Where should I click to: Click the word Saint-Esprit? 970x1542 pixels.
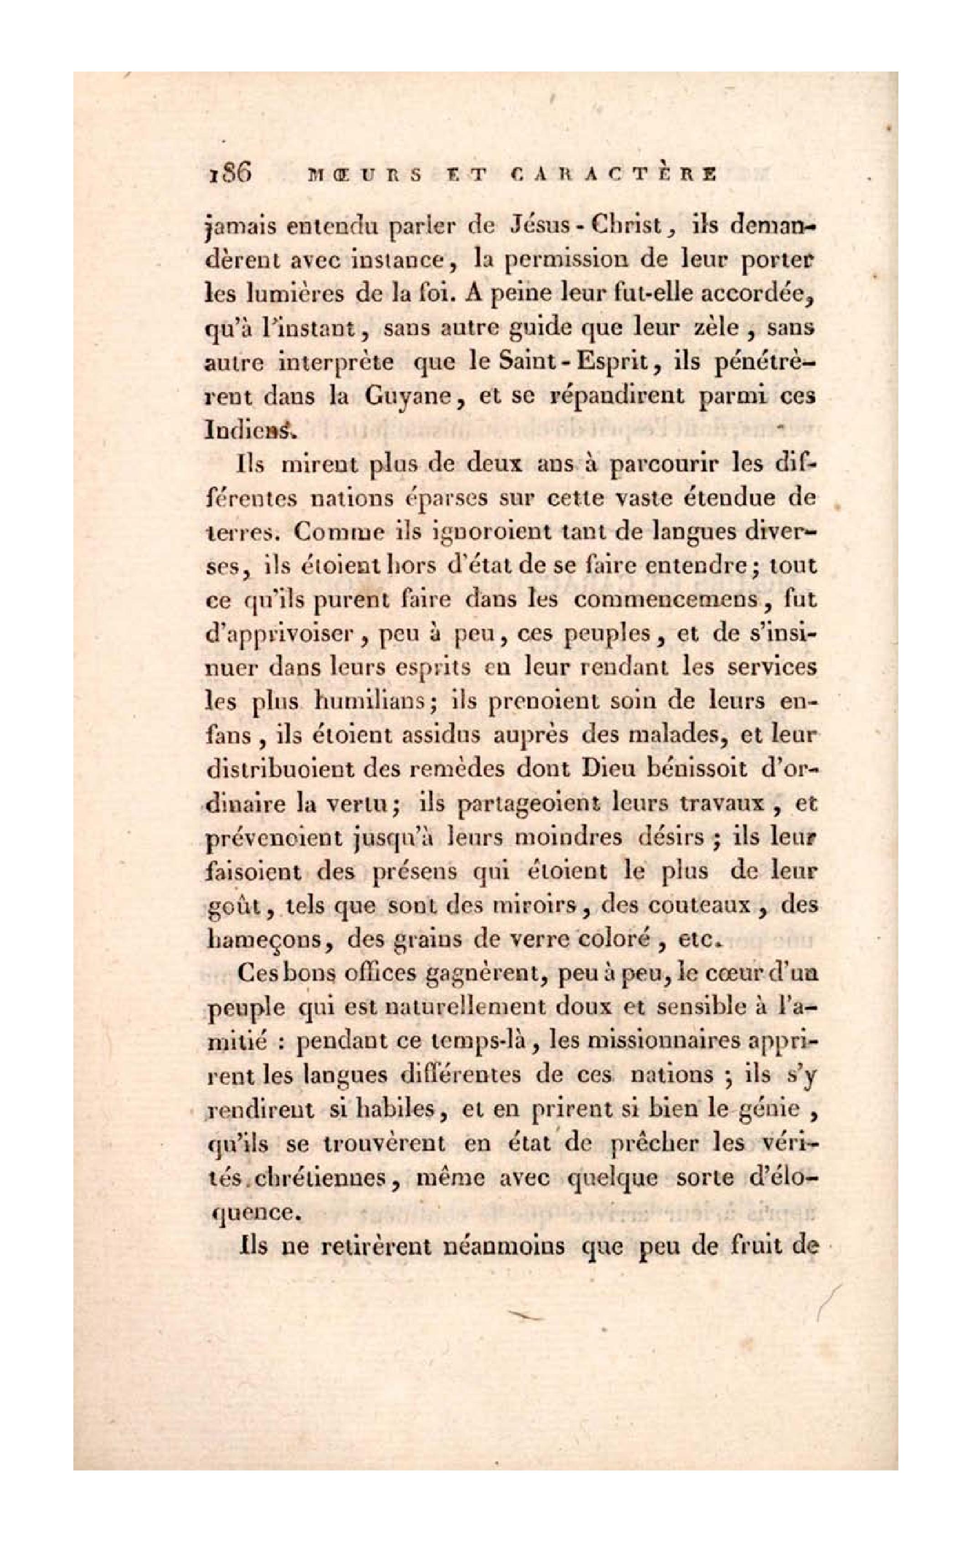[x=563, y=362]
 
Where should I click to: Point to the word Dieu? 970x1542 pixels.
[x=604, y=769]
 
